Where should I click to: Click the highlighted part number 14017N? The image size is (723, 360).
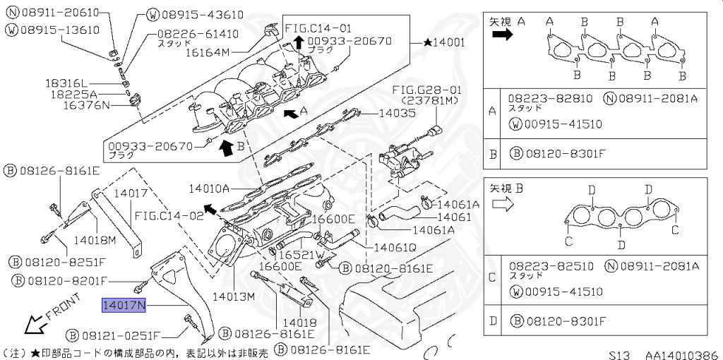124,306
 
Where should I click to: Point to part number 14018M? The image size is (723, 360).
95,239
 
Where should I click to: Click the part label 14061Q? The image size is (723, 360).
395,248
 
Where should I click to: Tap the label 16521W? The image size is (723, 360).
300,254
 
